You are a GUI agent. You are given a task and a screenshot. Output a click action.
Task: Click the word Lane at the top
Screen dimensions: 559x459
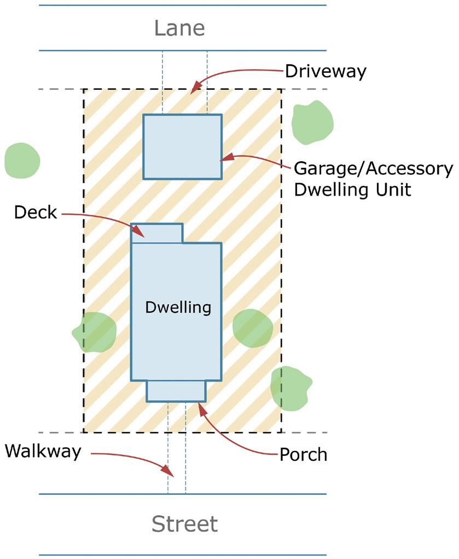pyautogui.click(x=179, y=28)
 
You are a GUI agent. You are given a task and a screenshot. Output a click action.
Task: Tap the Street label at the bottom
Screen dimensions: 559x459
pyautogui.click(x=184, y=524)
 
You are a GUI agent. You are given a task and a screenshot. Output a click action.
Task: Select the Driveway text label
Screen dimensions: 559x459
pyautogui.click(x=325, y=71)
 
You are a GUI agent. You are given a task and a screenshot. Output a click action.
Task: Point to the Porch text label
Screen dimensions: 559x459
pyautogui.click(x=303, y=454)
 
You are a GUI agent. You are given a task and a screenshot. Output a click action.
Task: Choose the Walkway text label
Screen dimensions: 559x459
pyautogui.click(x=43, y=452)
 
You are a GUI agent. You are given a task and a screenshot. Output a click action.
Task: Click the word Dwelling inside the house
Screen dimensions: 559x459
pyautogui.click(x=178, y=307)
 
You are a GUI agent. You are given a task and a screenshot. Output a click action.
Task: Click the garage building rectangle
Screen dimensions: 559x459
pyautogui.click(x=182, y=146)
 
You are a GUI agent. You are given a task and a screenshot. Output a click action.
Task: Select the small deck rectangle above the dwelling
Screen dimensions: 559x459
pyautogui.click(x=157, y=233)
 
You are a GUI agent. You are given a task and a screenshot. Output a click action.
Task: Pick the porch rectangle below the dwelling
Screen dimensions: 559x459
pyautogui.click(x=176, y=391)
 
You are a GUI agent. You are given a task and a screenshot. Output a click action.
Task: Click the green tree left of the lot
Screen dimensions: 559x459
pyautogui.click(x=22, y=161)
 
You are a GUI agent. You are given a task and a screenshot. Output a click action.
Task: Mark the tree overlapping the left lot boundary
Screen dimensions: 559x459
pyautogui.click(x=95, y=332)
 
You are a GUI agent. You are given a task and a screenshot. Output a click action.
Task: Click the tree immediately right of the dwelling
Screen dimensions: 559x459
pyautogui.click(x=252, y=328)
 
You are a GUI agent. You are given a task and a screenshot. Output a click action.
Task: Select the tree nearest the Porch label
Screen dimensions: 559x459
pyautogui.click(x=290, y=387)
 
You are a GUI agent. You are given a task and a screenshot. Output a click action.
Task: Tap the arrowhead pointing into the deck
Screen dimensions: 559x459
pyautogui.click(x=140, y=232)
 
